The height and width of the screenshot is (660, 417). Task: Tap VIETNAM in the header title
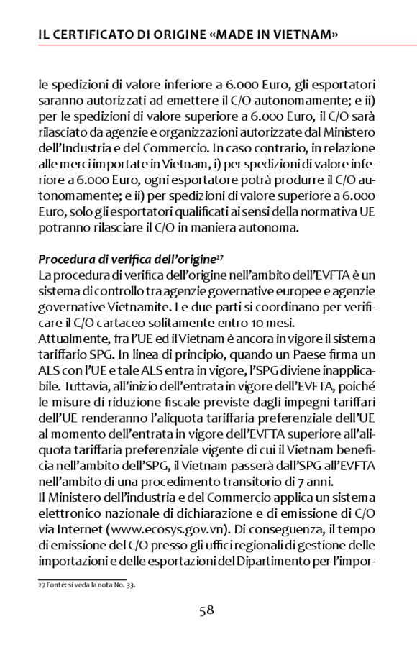pyautogui.click(x=299, y=35)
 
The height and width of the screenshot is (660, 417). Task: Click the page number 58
pyautogui.click(x=207, y=610)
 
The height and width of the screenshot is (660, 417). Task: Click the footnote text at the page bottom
pyautogui.click(x=86, y=585)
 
